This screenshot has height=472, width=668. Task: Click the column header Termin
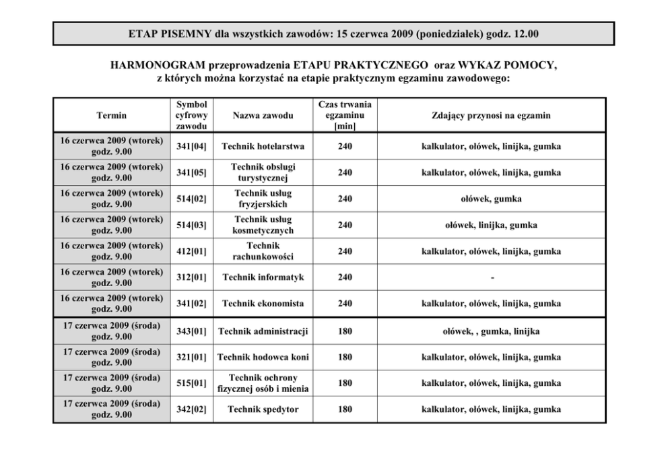111,116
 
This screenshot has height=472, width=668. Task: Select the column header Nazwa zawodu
263,116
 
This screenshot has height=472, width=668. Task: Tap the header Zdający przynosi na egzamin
491,116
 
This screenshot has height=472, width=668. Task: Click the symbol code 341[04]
191,146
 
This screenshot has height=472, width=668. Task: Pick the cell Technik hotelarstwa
263,146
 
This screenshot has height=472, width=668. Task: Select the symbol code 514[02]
191,199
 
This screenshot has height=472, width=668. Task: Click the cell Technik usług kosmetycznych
263,225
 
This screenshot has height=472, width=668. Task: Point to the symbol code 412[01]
191,251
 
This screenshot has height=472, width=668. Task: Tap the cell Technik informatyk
263,277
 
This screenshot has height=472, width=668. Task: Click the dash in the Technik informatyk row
491,278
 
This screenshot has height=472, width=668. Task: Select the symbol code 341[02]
191,304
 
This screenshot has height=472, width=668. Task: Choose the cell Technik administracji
263,331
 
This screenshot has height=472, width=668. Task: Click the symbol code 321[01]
191,358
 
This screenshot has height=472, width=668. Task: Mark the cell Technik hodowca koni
263,358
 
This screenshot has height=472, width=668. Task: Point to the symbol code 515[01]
191,383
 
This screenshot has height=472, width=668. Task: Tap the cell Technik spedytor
263,409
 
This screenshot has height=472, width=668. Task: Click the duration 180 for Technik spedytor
345,409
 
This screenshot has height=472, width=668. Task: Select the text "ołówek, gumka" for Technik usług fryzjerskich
491,199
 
